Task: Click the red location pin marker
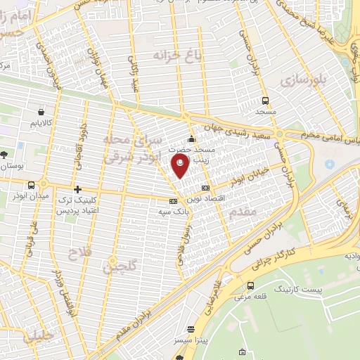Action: click(x=181, y=166)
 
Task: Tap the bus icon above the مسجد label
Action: click(x=265, y=101)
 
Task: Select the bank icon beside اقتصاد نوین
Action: click(x=205, y=188)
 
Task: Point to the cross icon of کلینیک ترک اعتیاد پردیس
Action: click(x=77, y=189)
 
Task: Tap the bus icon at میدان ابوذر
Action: click(x=31, y=185)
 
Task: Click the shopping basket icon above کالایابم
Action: click(x=42, y=111)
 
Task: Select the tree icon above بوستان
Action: click(x=4, y=154)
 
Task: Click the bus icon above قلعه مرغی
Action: click(x=251, y=285)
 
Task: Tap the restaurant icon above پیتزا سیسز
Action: click(x=191, y=329)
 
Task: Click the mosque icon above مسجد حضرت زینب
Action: click(x=191, y=139)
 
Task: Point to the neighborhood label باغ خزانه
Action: click(x=177, y=55)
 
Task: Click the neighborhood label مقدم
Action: click(x=243, y=220)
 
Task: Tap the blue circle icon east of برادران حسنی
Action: click(x=330, y=165)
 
